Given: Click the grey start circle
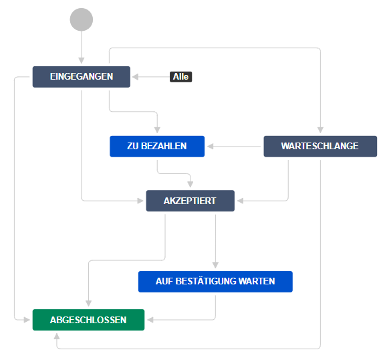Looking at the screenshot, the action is pos(82,19).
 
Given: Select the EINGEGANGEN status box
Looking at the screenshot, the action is pos(82,77).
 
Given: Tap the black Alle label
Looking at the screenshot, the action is pos(180,77).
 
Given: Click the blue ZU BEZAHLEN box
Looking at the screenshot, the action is pos(157,147).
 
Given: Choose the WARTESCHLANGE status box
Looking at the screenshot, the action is pos(320,147).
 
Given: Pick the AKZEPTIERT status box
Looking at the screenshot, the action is pos(190,201).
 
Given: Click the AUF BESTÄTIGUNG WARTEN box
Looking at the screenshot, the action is pos(215,282).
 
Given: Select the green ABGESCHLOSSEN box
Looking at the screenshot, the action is pos(88,320).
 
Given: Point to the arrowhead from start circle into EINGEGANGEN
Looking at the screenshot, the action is pos(82,60).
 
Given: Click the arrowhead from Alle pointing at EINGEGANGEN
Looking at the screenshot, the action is pos(135,77).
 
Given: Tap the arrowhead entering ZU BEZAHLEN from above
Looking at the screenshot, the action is pos(157,130).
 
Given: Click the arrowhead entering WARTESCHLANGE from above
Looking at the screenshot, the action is pos(320,130).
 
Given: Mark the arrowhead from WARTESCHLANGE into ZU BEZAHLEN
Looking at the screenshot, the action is pos(211,147).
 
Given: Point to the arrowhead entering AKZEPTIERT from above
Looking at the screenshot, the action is pos(190,184).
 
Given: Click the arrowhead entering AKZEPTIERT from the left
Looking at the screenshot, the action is pos(140,201).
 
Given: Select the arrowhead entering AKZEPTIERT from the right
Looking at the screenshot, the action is pos(241,201).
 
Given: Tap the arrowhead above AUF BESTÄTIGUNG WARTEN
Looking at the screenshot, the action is pos(215,265).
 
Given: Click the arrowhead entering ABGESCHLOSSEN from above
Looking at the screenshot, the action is pos(88,303).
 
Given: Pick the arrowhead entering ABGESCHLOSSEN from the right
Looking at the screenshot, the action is pos(150,320).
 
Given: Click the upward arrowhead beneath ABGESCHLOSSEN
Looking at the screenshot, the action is pos(57,337).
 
